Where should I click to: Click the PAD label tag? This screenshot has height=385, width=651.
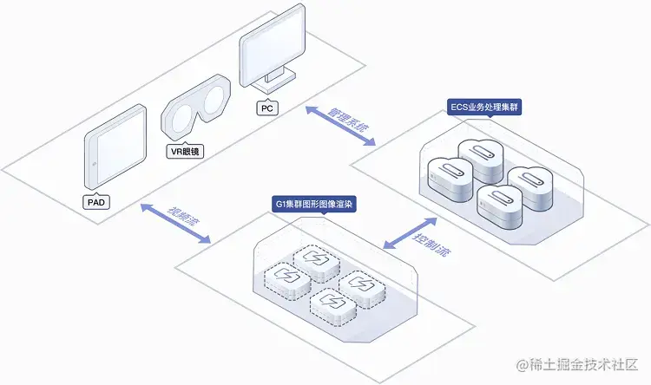pos(97,202)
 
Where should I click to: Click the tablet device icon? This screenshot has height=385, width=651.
pos(115,147)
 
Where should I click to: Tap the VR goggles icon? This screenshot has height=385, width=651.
pos(197,111)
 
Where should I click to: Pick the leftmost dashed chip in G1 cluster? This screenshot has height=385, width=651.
pos(286,277)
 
